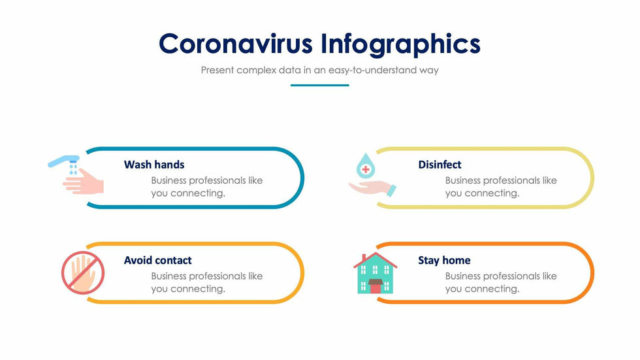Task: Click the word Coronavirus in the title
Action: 236,44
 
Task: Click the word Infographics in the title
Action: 401,44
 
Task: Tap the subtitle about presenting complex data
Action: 319,70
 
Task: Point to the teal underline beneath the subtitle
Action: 319,86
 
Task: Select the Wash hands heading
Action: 154,165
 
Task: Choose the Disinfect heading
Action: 440,165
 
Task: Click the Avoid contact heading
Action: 157,261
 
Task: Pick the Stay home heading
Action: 444,261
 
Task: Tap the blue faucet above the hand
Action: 64,161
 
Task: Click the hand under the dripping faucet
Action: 84,182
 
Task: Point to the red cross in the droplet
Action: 366,169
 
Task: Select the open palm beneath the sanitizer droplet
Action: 372,188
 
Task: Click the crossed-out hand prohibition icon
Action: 83,272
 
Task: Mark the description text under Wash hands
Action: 207,187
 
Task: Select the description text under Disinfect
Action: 501,187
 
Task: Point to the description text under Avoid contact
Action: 207,282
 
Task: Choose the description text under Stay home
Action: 501,282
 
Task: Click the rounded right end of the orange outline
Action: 592,273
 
